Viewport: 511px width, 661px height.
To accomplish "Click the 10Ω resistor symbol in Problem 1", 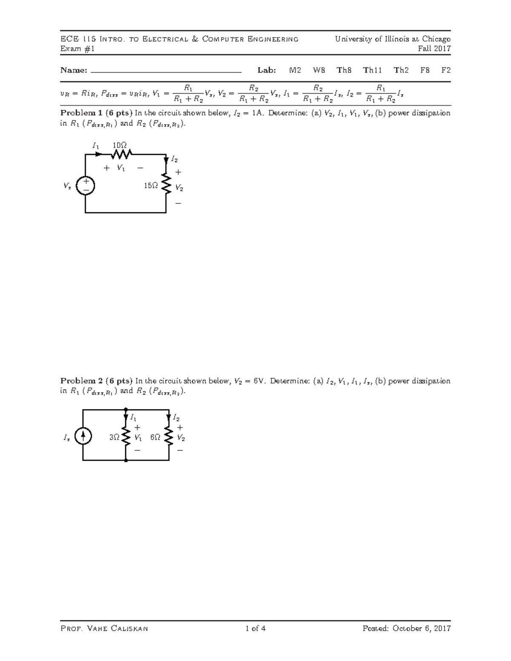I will click(122, 154).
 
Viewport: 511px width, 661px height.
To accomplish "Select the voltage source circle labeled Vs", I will click(86, 186).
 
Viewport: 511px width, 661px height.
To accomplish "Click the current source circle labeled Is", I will click(83, 435).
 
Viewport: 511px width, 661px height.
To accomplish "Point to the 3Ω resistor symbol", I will click(126, 436).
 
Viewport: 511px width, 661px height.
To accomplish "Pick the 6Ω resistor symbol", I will click(169, 436).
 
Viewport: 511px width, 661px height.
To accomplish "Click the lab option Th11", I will click(372, 70).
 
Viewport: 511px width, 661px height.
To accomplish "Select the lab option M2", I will click(295, 70).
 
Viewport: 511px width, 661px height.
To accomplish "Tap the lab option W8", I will click(319, 70).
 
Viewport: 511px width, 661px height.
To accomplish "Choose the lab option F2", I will click(446, 70).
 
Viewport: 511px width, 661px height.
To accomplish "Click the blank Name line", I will click(166, 72).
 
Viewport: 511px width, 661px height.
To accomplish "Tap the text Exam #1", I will click(77, 49).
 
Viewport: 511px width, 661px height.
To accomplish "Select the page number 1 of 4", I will click(255, 628).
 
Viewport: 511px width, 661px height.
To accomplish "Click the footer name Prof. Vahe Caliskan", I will click(104, 629).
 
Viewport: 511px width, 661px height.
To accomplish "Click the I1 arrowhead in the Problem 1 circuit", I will click(99, 154).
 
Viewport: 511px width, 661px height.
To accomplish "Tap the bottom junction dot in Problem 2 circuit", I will click(126, 461).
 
